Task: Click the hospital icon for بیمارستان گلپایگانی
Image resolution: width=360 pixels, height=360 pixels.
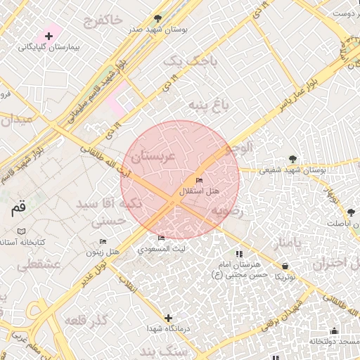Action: pos(49,35)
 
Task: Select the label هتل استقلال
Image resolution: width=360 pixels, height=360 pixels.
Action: pos(200,191)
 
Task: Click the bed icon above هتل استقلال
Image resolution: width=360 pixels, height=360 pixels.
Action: pos(199,181)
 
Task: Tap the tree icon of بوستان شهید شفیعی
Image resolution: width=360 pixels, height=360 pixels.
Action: pos(292,159)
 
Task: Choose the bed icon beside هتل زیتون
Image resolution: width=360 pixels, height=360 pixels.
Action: pos(103,241)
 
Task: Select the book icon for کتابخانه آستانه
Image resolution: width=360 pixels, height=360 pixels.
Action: pos(21,231)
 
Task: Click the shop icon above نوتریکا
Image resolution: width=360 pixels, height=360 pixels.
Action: pos(285,266)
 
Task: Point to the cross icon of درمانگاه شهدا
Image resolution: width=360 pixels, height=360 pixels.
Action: pos(167,318)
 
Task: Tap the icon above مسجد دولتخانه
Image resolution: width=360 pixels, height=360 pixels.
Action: pos(334,330)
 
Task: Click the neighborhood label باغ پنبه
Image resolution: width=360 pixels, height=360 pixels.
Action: pos(208,105)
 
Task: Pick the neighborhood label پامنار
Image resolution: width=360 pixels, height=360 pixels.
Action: pos(288,243)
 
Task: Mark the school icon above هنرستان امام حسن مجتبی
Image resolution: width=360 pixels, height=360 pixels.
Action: pos(238,254)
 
